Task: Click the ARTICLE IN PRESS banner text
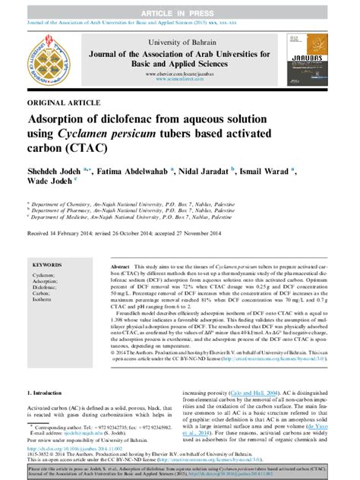pos(179,6)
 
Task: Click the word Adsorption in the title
pos(61,120)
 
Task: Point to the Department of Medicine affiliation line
pos(122,219)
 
